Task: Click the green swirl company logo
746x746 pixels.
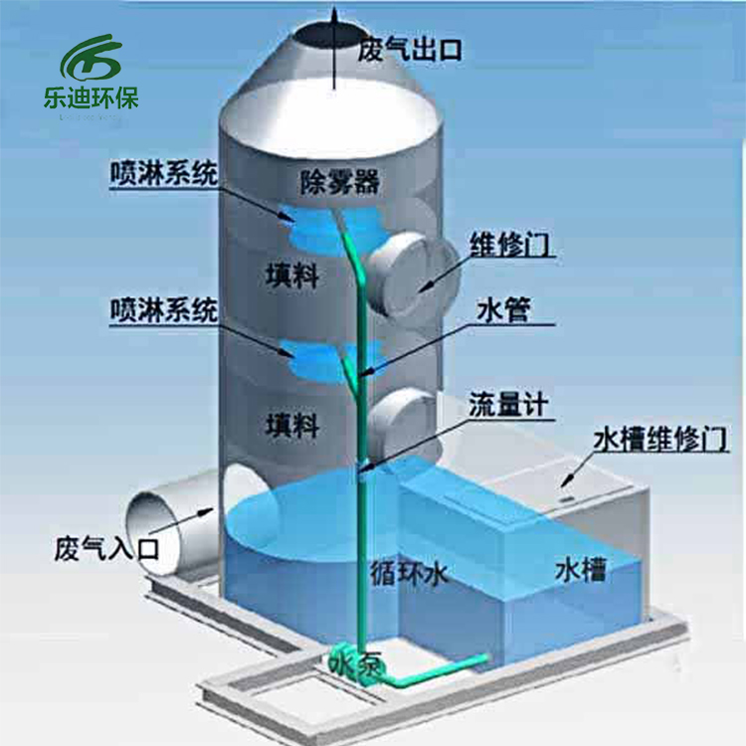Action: (91, 57)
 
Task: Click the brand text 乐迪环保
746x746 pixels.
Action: (91, 98)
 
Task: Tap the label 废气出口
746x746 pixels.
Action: (410, 50)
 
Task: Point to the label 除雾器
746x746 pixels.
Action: (340, 182)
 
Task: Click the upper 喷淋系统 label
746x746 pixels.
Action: (164, 173)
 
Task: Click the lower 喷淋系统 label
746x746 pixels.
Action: (164, 309)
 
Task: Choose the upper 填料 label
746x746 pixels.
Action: (292, 275)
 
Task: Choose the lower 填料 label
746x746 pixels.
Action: (292, 425)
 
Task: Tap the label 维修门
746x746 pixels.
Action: (510, 245)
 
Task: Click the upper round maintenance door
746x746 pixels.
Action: (413, 275)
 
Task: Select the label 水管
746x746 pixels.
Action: (503, 310)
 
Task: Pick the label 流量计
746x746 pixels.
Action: (508, 405)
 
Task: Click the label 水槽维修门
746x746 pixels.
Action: (660, 439)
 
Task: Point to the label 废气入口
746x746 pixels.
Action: (106, 548)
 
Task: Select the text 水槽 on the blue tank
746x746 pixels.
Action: (581, 569)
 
